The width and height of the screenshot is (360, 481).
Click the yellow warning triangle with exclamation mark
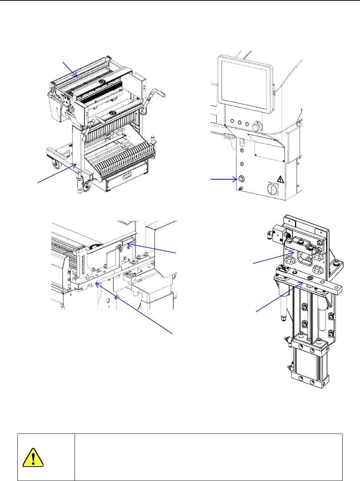tap(33, 457)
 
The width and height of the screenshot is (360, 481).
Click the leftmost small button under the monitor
tap(232, 121)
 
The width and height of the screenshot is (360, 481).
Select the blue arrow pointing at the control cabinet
tap(224, 179)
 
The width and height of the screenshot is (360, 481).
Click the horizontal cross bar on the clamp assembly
tap(308, 283)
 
